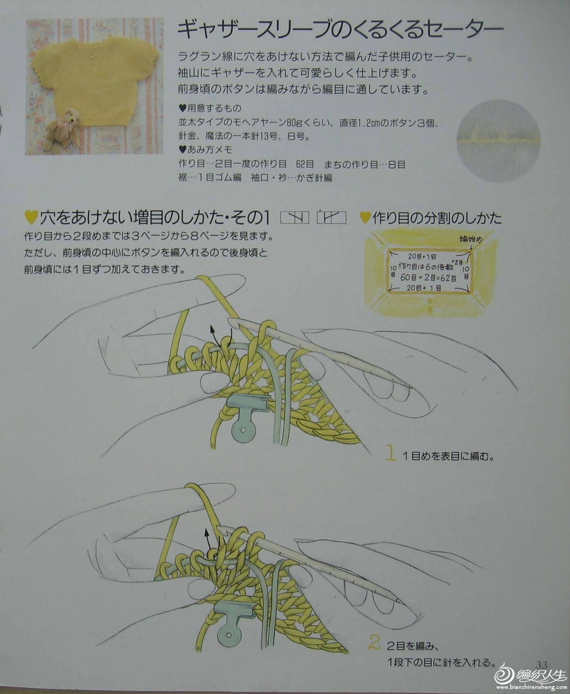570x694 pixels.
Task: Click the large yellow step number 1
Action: (x=391, y=454)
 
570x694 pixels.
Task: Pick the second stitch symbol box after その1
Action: (x=331, y=218)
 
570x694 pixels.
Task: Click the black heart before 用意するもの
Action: (x=182, y=109)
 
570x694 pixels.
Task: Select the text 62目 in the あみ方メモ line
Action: (x=304, y=164)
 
